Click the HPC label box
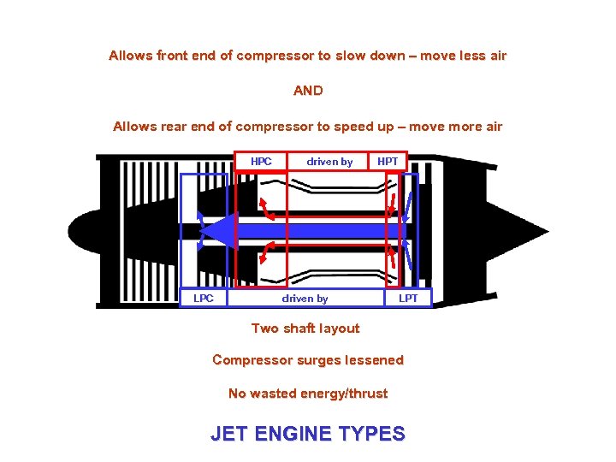tap(261, 162)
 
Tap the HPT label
tap(387, 162)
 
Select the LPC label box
tap(204, 298)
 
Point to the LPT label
tap(408, 298)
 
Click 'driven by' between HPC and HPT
tap(329, 162)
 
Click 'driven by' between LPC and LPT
tap(305, 298)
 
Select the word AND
tap(308, 91)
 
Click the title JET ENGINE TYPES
tap(308, 434)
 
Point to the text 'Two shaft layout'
tap(305, 329)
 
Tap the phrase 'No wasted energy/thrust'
tap(308, 394)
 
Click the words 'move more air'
tap(456, 127)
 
